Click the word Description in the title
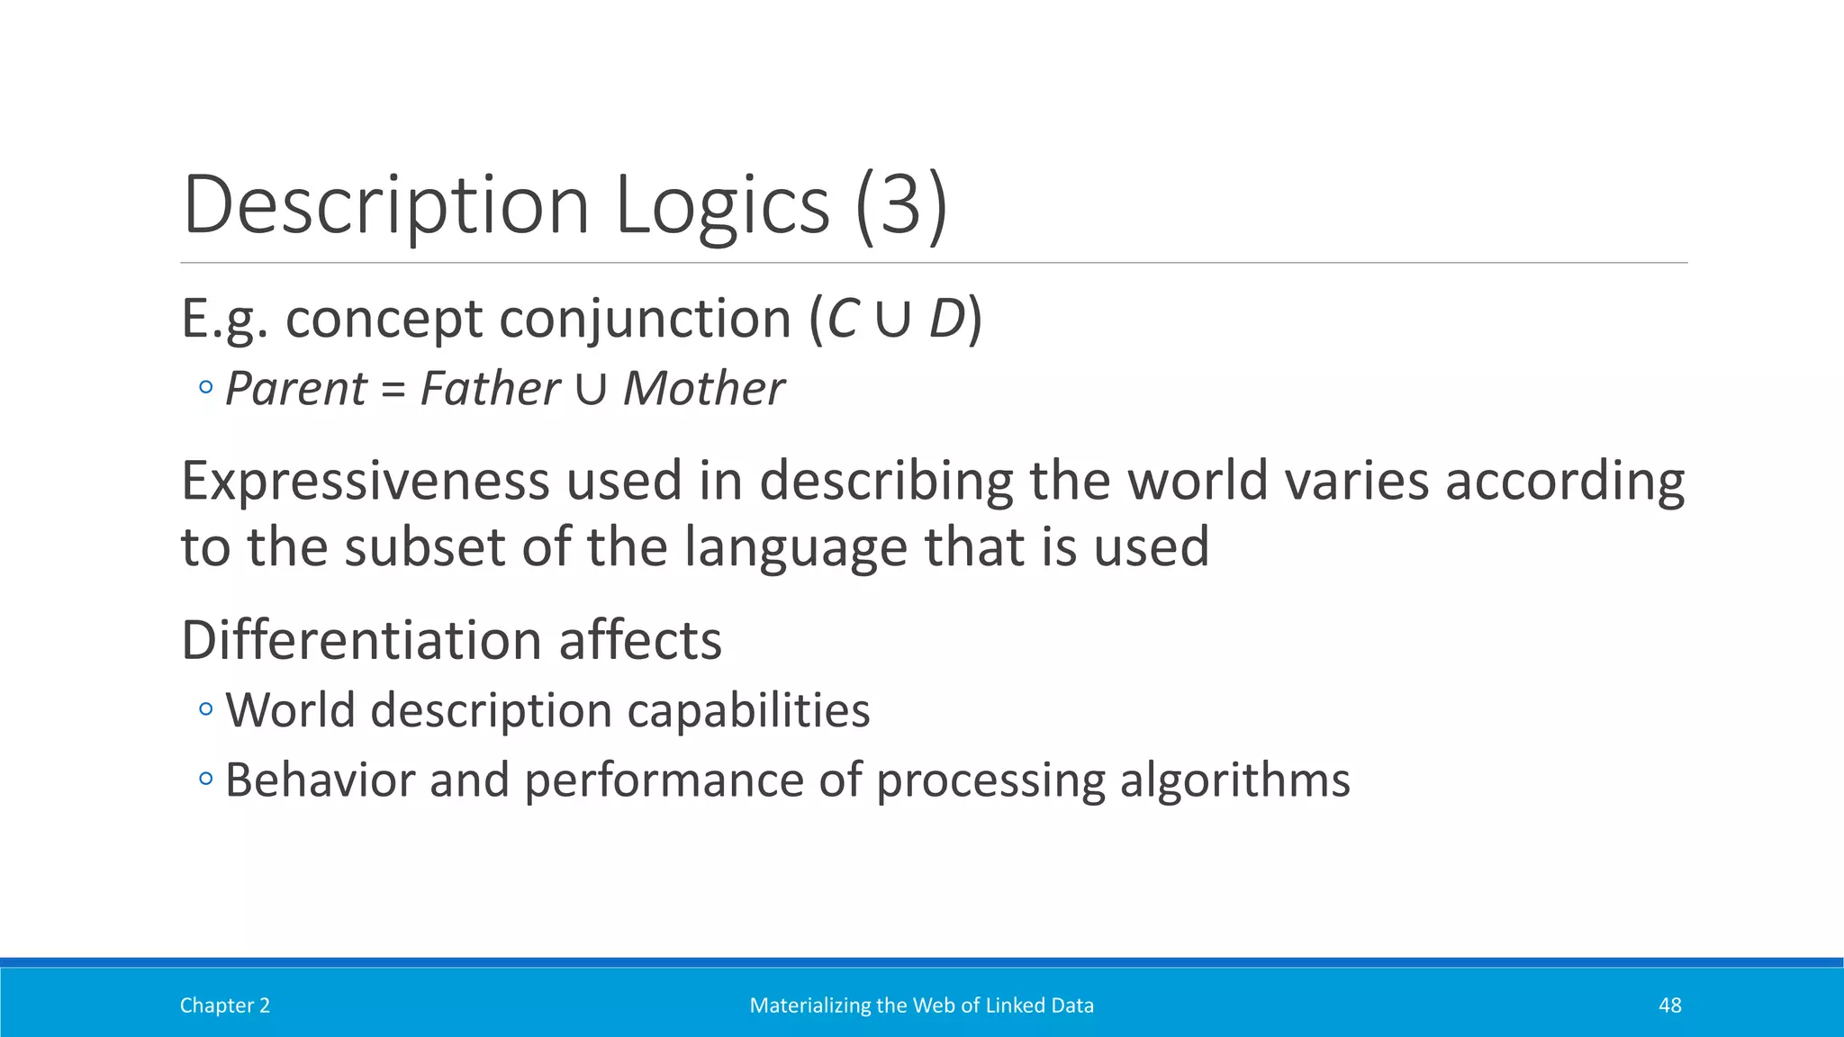click(x=385, y=205)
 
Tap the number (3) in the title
click(x=900, y=205)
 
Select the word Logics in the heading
click(x=721, y=205)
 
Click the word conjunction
click(x=645, y=319)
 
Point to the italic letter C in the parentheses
click(x=843, y=319)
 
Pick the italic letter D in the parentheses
click(x=946, y=319)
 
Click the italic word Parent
click(x=295, y=389)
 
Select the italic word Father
click(x=490, y=389)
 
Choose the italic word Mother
click(x=703, y=389)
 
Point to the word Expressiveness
click(x=365, y=481)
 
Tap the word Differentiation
click(x=361, y=640)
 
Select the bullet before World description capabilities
click(x=206, y=710)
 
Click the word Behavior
click(x=320, y=780)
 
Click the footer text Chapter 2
click(x=224, y=1005)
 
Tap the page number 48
click(x=1669, y=1005)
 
